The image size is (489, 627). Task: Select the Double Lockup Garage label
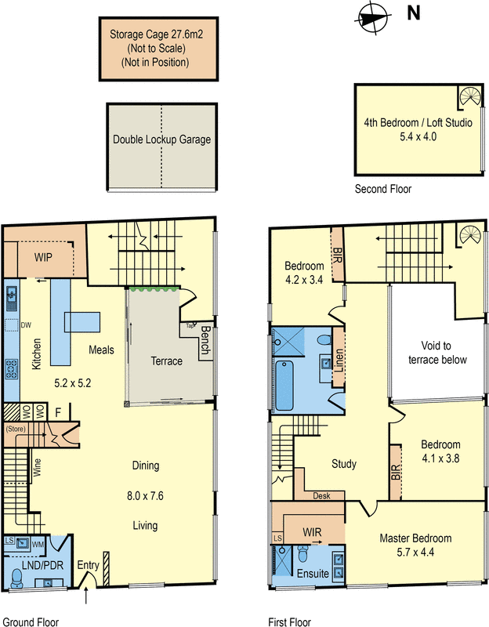click(x=161, y=140)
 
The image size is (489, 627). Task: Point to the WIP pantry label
click(x=44, y=257)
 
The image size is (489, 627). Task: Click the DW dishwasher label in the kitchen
click(x=26, y=324)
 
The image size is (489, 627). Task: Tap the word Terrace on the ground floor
click(x=165, y=361)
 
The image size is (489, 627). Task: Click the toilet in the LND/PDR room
click(x=17, y=577)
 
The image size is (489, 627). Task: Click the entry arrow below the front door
click(x=86, y=599)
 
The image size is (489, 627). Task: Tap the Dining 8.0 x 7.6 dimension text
click(x=146, y=495)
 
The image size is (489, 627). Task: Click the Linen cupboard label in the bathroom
click(x=339, y=361)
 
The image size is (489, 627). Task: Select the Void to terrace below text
click(x=437, y=353)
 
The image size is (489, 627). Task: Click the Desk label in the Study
click(x=321, y=496)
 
